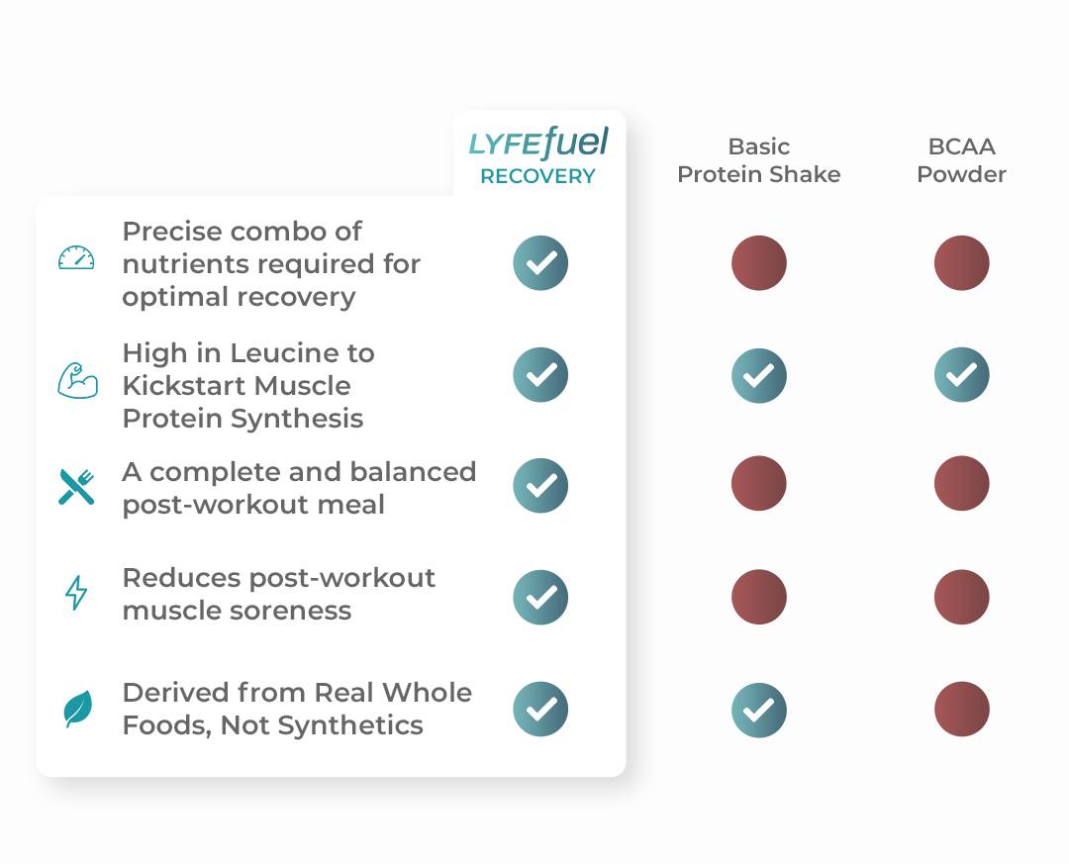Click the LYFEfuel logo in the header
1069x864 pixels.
[537, 143]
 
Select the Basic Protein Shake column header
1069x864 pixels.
[759, 160]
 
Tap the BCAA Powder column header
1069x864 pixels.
[961, 160]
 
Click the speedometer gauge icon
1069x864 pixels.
[76, 257]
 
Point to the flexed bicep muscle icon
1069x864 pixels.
[77, 380]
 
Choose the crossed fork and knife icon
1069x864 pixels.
[76, 487]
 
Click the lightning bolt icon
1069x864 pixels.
[76, 593]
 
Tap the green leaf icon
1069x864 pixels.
[78, 709]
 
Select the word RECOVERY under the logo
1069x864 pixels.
[537, 176]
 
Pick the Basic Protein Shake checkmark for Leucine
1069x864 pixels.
[759, 376]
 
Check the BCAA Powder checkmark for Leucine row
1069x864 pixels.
[961, 374]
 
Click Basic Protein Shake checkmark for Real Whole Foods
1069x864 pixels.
[759, 710]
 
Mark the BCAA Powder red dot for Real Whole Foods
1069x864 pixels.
[961, 710]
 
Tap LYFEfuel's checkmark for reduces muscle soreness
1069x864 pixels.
[540, 598]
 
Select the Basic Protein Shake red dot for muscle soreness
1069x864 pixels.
[759, 597]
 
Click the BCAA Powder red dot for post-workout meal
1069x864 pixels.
[961, 484]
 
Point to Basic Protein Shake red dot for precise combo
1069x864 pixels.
[759, 263]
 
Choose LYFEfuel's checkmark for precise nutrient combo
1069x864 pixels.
[540, 263]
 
